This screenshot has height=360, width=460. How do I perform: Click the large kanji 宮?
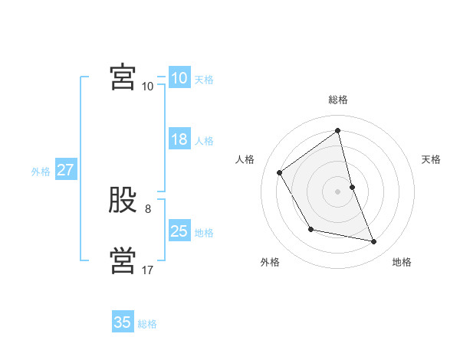coord(123,77)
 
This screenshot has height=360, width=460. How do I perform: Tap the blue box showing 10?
coord(179,78)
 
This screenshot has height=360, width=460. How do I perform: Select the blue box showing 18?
coord(179,140)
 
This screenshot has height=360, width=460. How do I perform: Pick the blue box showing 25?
coord(179,231)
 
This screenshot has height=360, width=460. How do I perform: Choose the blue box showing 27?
coord(66,170)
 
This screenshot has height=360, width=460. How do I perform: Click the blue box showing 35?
coord(123,322)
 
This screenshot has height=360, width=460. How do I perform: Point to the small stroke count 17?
coord(148,270)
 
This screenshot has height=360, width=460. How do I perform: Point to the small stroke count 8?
coord(148,209)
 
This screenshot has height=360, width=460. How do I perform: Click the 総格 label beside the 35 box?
coord(147,324)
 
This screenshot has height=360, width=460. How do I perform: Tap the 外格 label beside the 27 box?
coord(41,172)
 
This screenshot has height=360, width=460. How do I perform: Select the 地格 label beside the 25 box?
coord(204,233)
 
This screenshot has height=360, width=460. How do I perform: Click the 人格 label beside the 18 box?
coord(204,141)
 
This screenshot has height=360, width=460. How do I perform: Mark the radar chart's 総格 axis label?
coord(338,100)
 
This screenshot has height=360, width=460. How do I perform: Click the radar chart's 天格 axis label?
coord(432,159)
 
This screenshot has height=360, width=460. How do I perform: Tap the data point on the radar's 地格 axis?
coord(374,242)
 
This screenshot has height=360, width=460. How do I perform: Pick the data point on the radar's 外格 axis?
coord(310,229)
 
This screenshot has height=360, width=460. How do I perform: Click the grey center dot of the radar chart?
coord(338,191)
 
